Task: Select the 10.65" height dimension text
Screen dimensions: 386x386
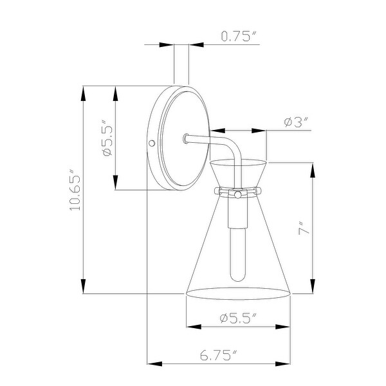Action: (x=75, y=192)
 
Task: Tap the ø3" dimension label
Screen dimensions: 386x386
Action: (x=297, y=120)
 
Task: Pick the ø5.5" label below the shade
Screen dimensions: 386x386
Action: (x=237, y=317)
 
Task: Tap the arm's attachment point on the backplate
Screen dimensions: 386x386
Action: (x=185, y=138)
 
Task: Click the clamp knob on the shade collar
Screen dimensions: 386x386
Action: (x=237, y=193)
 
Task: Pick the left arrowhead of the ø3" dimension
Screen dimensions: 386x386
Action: (x=214, y=131)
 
